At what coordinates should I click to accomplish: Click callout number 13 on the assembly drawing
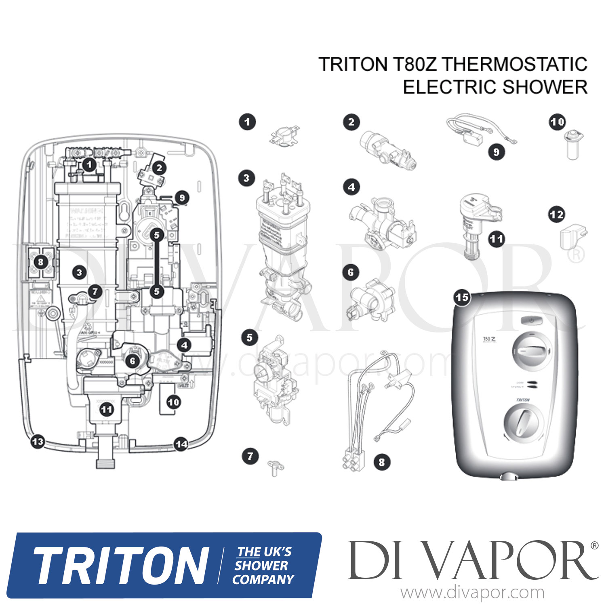tap(38, 441)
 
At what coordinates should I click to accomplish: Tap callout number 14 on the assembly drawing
tap(181, 444)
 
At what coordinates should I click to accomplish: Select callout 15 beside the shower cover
tap(462, 298)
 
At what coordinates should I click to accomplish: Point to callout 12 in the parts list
tap(556, 215)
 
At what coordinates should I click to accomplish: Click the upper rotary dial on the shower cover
tap(531, 351)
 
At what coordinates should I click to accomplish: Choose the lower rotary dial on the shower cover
tap(521, 424)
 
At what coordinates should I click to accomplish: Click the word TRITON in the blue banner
tap(120, 566)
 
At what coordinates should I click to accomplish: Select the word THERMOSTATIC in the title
tap(514, 65)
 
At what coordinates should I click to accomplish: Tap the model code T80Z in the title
tap(414, 65)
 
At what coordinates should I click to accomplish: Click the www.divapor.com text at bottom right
tap(472, 593)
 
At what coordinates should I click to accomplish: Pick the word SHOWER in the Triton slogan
tap(261, 566)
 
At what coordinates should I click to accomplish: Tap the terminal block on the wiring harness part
tap(356, 460)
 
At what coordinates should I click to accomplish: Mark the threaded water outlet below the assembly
tap(106, 461)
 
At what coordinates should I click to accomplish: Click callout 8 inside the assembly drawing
tap(40, 262)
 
